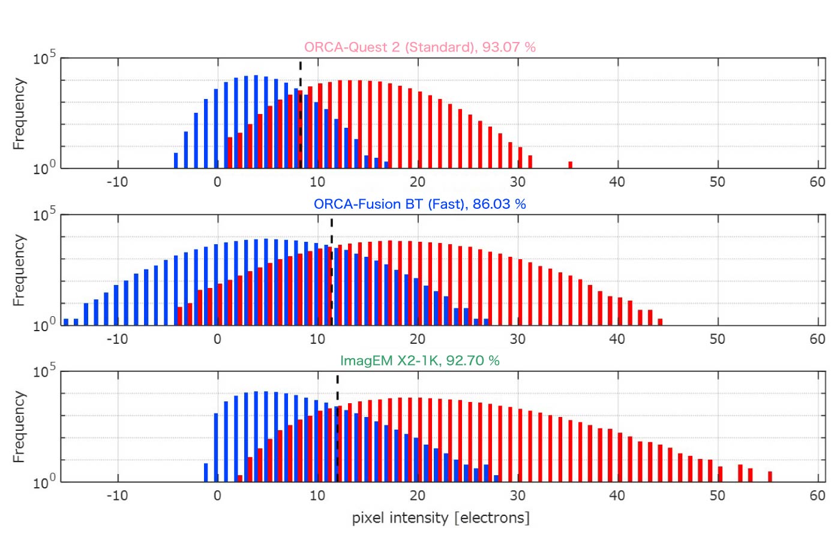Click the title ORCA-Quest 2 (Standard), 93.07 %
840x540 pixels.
coord(419,47)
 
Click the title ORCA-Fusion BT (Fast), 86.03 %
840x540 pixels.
coord(419,204)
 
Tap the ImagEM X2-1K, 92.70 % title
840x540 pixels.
coord(419,361)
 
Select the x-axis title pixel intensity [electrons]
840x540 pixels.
coord(440,517)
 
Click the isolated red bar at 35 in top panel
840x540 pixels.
coord(570,164)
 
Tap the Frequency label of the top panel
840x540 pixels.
coord(19,113)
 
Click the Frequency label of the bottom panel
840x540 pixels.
coord(19,427)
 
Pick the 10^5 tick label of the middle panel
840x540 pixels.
coord(44,214)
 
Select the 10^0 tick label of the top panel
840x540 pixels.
coord(44,167)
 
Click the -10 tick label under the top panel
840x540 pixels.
coord(117,182)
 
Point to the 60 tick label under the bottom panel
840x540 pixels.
coord(817,496)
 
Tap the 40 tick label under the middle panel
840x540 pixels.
coord(617,339)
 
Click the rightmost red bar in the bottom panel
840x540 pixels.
coord(770,476)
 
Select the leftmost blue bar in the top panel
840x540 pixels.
coord(176,160)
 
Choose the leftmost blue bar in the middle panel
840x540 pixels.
coord(66,322)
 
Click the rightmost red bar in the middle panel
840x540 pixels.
coord(660,322)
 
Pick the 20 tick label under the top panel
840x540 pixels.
coord(417,182)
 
